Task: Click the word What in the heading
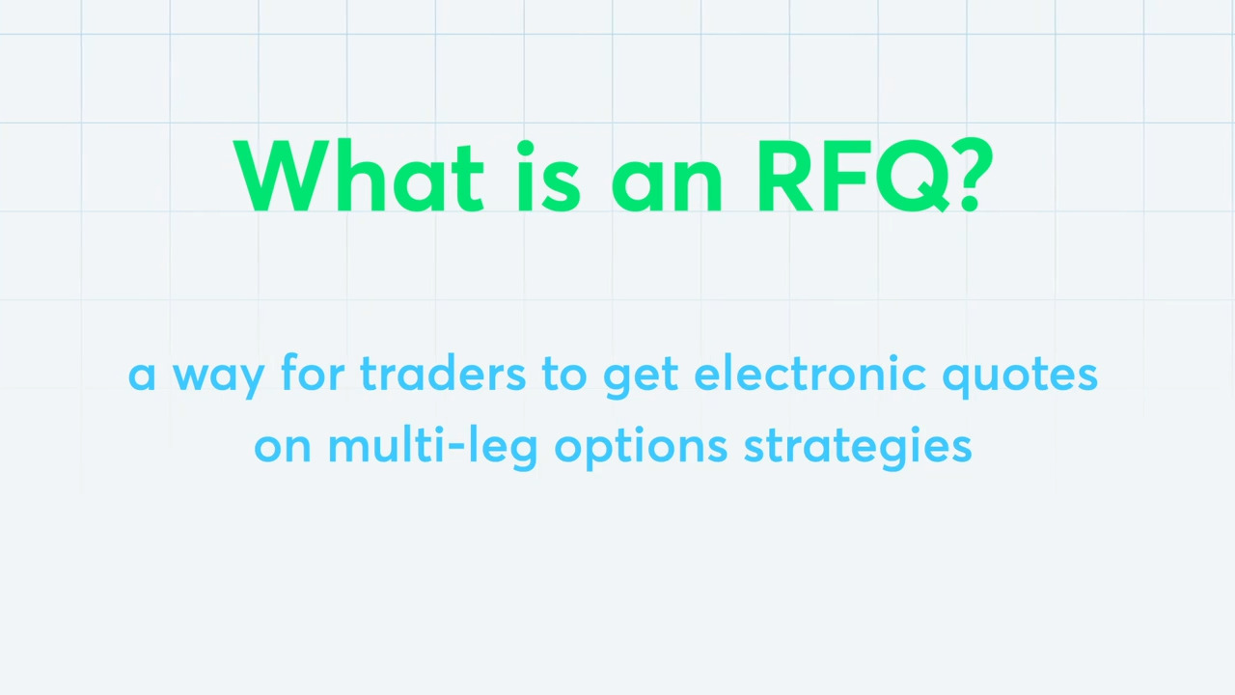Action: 359,176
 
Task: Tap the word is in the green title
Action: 549,177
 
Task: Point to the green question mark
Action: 975,176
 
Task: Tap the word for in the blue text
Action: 313,372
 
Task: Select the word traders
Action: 443,373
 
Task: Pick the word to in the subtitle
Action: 564,374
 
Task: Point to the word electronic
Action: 810,373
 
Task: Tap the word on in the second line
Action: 283,446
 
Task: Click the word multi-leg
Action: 433,447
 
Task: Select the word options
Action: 642,448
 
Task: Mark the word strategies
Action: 858,448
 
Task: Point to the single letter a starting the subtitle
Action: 142,376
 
